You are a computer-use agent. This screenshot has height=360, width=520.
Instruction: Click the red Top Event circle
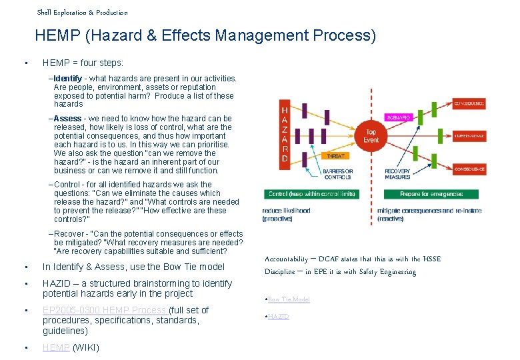(371, 136)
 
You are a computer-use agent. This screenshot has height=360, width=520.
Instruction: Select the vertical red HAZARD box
(285, 134)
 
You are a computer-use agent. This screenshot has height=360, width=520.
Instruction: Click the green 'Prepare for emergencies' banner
(431, 194)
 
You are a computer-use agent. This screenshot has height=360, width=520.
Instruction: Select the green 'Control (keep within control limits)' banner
(312, 194)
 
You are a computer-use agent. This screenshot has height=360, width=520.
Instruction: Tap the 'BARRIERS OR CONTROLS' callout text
(338, 175)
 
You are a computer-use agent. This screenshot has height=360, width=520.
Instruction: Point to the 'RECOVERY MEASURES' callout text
(397, 175)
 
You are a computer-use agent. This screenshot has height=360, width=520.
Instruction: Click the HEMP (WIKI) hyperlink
(56, 347)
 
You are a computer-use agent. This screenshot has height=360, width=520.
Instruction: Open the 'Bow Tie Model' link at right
(289, 300)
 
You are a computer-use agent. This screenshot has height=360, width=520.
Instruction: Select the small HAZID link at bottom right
(279, 317)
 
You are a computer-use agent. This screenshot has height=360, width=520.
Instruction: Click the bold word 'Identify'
(69, 79)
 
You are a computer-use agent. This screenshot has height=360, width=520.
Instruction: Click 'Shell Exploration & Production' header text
(82, 12)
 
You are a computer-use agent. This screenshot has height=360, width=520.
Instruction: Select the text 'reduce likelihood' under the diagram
(287, 211)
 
